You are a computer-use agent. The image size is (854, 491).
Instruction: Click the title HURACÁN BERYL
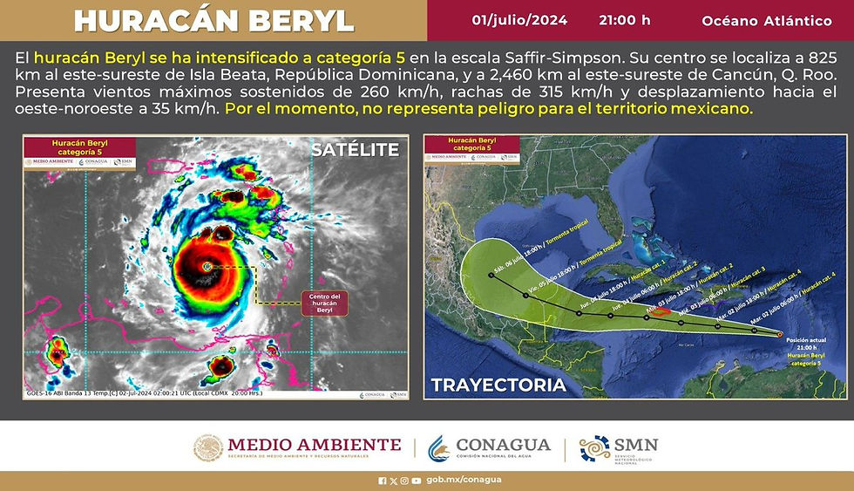213,20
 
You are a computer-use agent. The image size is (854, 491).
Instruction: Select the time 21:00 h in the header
625,19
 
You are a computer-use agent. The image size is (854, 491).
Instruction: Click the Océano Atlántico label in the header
766,20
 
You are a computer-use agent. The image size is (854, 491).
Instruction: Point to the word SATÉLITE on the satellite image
355,150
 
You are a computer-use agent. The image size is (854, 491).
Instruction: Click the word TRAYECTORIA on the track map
498,384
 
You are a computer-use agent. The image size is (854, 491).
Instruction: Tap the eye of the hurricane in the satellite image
207,265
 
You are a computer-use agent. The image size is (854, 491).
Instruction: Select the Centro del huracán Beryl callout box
325,303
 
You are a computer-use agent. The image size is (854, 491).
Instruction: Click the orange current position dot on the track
779,333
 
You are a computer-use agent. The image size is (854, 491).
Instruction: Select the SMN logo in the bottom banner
619,448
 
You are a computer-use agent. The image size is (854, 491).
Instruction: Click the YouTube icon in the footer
416,481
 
